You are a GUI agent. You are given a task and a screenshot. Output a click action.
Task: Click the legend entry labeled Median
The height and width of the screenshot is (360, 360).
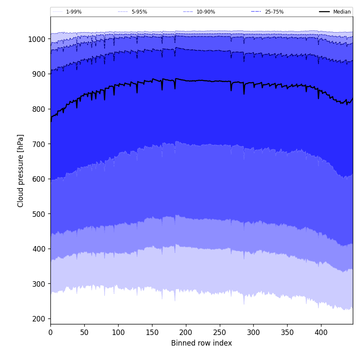tap(342, 12)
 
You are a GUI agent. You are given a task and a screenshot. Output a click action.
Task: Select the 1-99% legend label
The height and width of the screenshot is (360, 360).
tap(74, 12)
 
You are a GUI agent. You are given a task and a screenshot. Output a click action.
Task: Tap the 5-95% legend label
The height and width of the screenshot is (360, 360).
tap(139, 12)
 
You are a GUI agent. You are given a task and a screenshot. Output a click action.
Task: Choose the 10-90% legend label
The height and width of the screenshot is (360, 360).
tap(206, 12)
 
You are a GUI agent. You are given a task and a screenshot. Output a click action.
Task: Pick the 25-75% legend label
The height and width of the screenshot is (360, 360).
tap(274, 12)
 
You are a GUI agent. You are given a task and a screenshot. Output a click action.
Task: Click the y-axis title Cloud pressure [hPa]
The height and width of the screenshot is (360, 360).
tap(21, 171)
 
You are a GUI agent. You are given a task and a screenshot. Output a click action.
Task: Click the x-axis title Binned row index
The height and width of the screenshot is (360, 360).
tap(202, 343)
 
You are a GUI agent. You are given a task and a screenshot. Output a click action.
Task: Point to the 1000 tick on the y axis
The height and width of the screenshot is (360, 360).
tap(37, 39)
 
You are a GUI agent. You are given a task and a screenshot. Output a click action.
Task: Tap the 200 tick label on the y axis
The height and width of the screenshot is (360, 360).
tap(39, 318)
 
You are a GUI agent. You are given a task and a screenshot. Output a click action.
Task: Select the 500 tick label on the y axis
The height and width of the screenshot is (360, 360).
tap(39, 214)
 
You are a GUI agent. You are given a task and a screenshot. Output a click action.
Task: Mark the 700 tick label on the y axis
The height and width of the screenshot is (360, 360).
tap(39, 144)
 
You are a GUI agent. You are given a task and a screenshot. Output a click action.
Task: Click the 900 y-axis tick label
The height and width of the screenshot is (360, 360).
tap(39, 74)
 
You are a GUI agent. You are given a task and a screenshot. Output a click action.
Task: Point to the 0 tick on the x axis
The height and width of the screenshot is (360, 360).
tap(50, 332)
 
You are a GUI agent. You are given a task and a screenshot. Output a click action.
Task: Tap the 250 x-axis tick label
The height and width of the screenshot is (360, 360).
tap(219, 332)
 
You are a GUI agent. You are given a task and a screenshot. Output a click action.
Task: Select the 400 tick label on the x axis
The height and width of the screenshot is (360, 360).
tap(321, 332)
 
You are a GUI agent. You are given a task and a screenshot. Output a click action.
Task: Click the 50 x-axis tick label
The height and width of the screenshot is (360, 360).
tap(84, 332)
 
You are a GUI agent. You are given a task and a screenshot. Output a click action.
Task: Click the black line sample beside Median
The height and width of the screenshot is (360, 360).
tap(324, 12)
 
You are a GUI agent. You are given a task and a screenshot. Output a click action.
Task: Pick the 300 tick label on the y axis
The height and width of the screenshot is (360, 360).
tap(39, 284)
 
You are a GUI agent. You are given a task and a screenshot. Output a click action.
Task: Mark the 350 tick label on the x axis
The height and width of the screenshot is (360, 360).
tap(287, 332)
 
